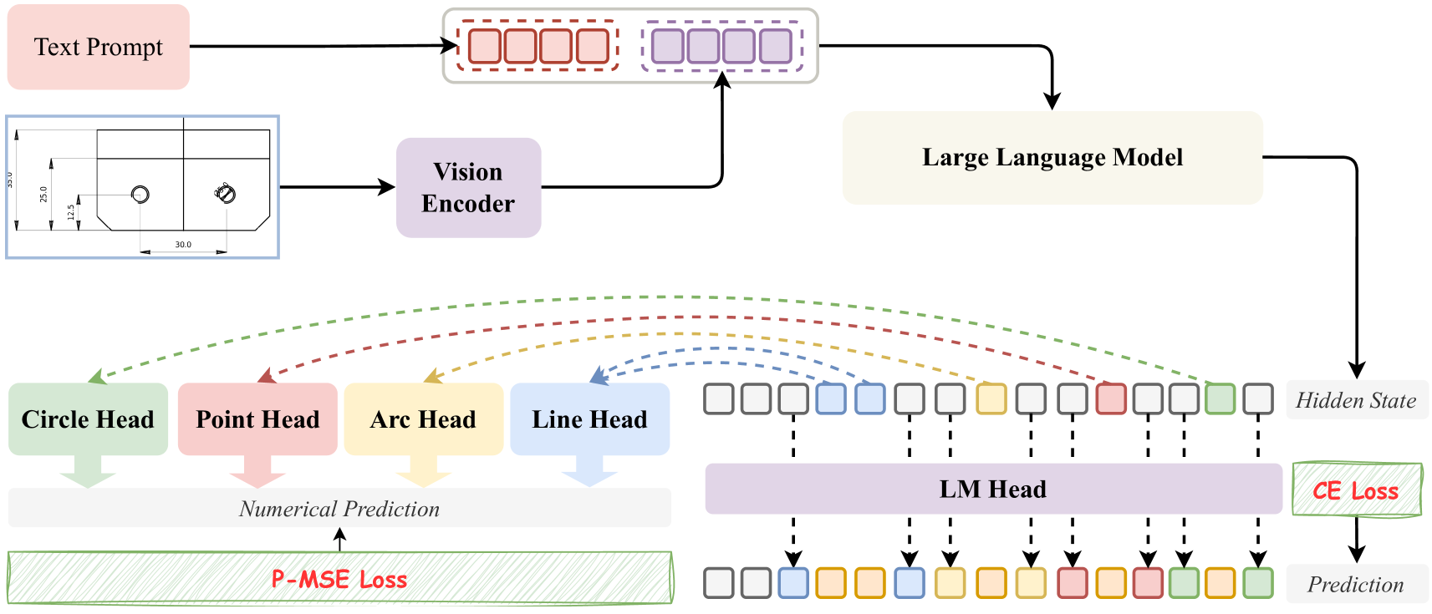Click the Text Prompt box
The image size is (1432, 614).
99,47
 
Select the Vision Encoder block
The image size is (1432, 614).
469,187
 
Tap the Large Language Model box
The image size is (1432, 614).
1052,157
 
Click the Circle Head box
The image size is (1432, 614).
89,419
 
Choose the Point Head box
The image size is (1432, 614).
257,419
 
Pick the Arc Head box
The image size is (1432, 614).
423,419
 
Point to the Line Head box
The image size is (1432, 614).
589,419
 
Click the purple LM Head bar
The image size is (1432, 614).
993,489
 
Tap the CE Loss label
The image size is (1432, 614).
1355,490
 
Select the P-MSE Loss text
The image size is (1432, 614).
339,579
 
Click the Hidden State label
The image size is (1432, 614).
1355,400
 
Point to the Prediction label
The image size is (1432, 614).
1355,584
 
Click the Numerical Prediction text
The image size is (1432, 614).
339,509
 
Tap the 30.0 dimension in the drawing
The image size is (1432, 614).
183,244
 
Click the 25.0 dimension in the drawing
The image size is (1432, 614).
43,195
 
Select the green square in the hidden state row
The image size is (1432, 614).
1220,398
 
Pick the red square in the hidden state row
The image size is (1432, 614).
1111,398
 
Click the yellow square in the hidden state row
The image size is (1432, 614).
991,398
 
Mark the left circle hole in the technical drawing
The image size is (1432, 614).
140,194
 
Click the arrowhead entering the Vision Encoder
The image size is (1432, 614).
387,187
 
